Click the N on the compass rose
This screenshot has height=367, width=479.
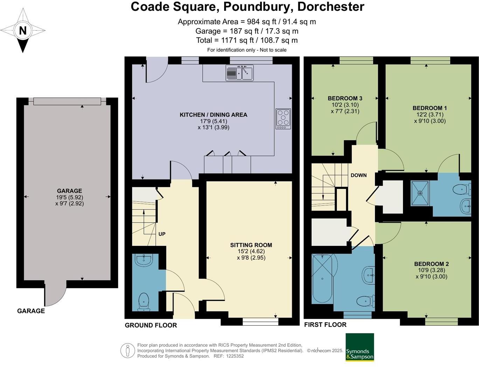point(23,30)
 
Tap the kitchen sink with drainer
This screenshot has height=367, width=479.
point(239,73)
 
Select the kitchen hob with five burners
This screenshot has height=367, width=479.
point(283,119)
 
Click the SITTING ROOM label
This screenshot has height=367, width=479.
point(251,245)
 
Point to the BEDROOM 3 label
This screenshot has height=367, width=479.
point(345,98)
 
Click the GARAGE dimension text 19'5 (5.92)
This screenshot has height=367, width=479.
point(69,197)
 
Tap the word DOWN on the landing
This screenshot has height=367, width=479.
point(359,175)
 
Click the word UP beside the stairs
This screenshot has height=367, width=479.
point(162,234)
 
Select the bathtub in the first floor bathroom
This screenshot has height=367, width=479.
point(322,279)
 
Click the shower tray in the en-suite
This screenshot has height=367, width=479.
point(420,193)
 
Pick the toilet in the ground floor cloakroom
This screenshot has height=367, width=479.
point(144,301)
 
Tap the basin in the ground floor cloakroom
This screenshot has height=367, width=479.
point(144,260)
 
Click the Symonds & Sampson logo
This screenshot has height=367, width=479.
point(360,347)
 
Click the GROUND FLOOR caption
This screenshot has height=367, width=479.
point(151,325)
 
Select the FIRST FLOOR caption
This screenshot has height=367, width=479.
point(325,325)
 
